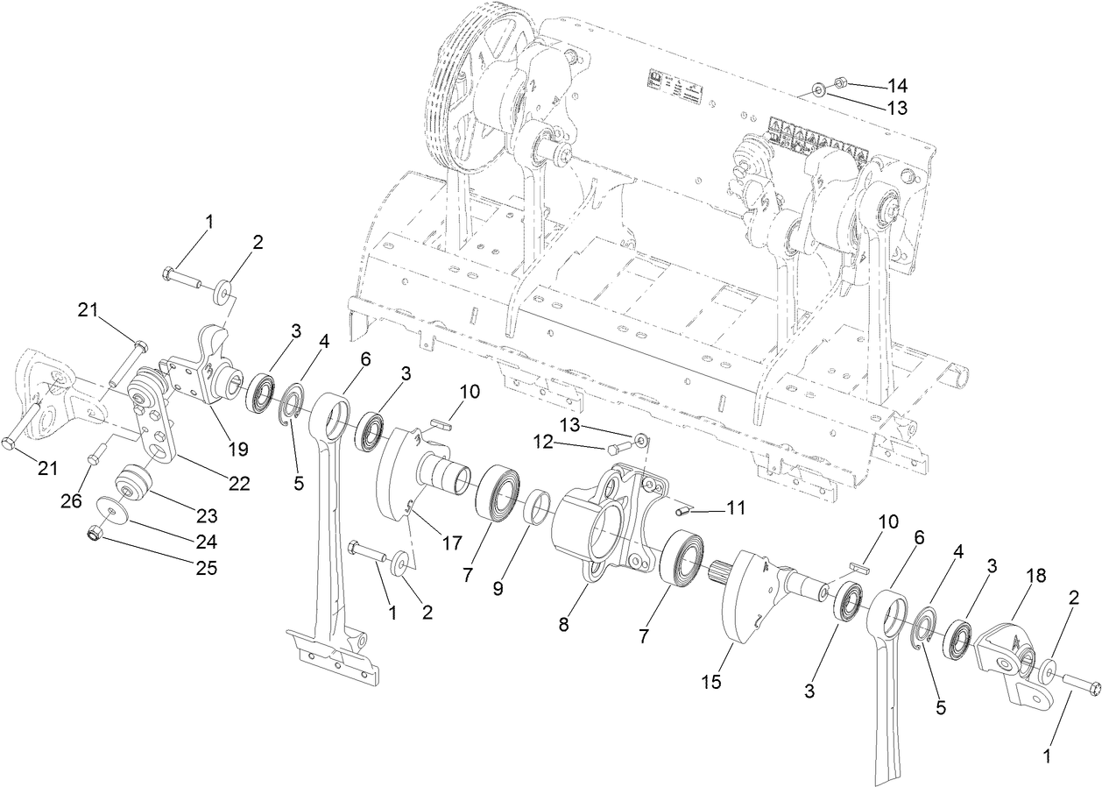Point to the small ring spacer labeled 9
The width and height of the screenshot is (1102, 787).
(536, 508)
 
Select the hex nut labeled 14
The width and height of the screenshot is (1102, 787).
(838, 83)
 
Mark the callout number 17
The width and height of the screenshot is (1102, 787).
(451, 543)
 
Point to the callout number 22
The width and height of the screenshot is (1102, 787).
(238, 482)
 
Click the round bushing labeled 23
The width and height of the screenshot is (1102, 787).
(135, 483)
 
